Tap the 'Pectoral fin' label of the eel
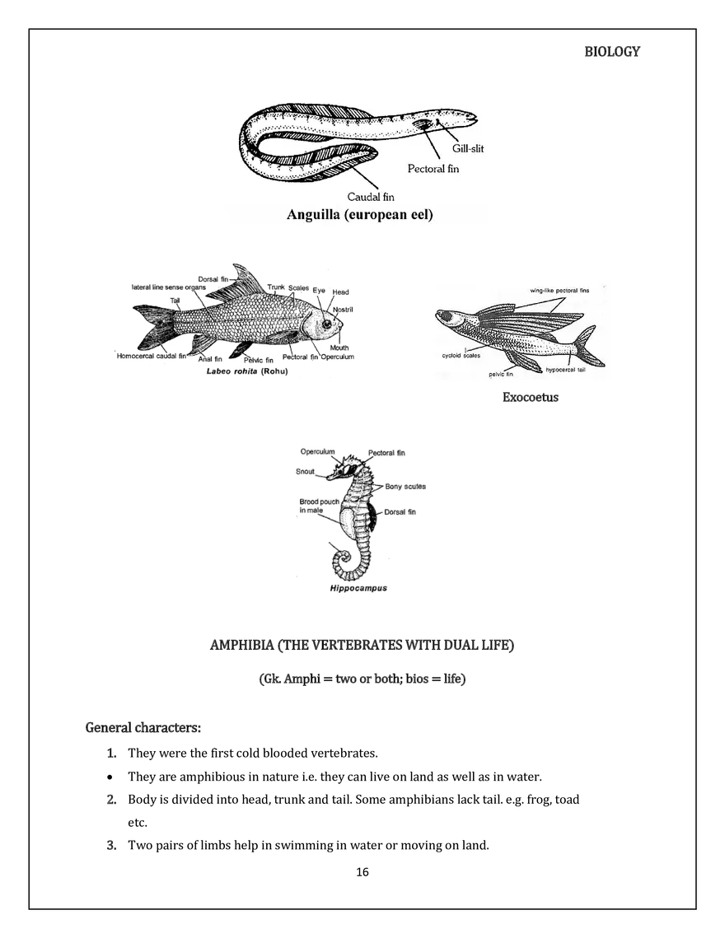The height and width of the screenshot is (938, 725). [x=433, y=169]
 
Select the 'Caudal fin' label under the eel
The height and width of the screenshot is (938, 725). [x=371, y=197]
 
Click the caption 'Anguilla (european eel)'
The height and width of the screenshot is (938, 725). [x=360, y=216]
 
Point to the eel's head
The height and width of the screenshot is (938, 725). [x=466, y=123]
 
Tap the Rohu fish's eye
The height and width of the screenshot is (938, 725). [x=327, y=324]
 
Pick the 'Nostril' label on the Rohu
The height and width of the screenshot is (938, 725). [x=344, y=309]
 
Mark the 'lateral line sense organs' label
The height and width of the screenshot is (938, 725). [x=169, y=288]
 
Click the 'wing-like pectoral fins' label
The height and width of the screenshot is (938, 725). [x=559, y=291]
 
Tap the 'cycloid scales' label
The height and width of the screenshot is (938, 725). [x=461, y=356]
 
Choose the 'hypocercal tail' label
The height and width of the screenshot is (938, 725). [x=568, y=370]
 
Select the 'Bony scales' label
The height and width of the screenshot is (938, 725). [x=405, y=487]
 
